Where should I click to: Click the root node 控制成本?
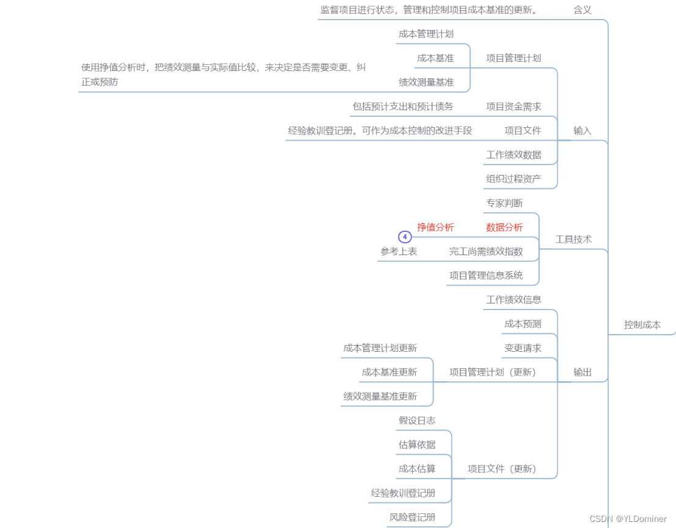click(x=642, y=325)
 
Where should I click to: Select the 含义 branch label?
click(x=582, y=10)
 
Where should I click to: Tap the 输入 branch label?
click(x=582, y=130)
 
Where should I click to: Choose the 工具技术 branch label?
click(x=573, y=239)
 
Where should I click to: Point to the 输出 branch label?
click(x=582, y=372)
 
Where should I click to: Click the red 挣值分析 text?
click(x=435, y=227)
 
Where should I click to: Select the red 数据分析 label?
click(x=504, y=227)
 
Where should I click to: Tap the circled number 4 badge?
click(x=404, y=237)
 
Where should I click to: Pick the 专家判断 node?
click(x=504, y=203)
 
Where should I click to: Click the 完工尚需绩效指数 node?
click(x=486, y=251)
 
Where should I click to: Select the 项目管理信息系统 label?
click(x=486, y=275)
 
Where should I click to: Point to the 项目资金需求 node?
click(x=513, y=106)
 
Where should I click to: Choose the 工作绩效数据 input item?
click(x=513, y=155)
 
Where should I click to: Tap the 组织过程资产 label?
click(x=513, y=179)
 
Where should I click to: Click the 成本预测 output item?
click(x=522, y=324)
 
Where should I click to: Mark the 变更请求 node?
click(x=522, y=348)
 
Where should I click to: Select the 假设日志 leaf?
click(x=417, y=420)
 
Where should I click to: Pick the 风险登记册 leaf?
click(x=412, y=517)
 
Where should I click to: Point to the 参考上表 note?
click(x=398, y=251)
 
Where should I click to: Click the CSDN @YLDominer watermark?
click(x=628, y=519)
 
